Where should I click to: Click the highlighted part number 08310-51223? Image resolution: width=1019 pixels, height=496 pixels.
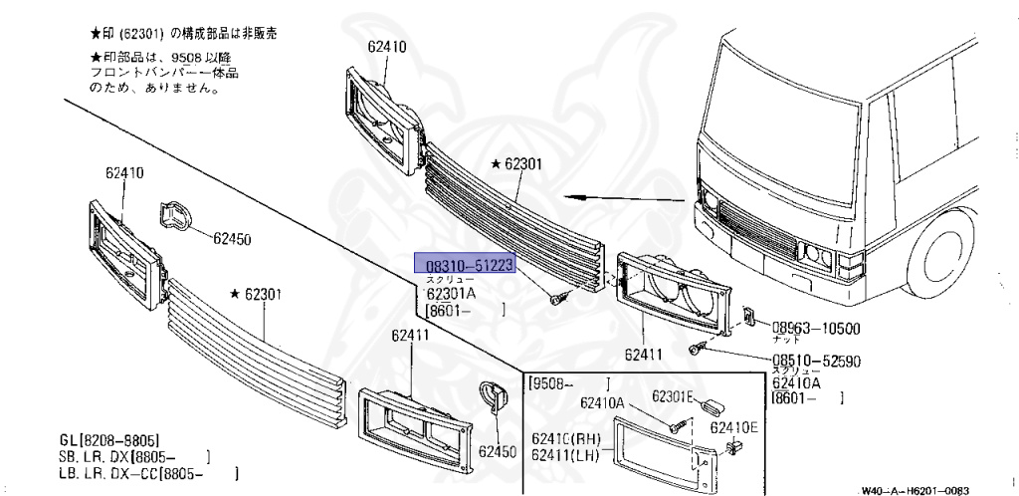click(x=469, y=264)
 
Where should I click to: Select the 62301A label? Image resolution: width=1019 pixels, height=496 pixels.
click(x=451, y=294)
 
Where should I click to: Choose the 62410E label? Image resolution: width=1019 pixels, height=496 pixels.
click(x=733, y=427)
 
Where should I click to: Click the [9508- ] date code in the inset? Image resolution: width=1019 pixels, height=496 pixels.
click(x=568, y=382)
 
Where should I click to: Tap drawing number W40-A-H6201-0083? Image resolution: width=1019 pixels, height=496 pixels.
click(x=915, y=490)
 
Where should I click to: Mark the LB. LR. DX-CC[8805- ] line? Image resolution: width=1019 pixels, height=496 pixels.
click(x=148, y=474)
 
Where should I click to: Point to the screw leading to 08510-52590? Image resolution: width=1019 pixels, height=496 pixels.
click(x=698, y=348)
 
